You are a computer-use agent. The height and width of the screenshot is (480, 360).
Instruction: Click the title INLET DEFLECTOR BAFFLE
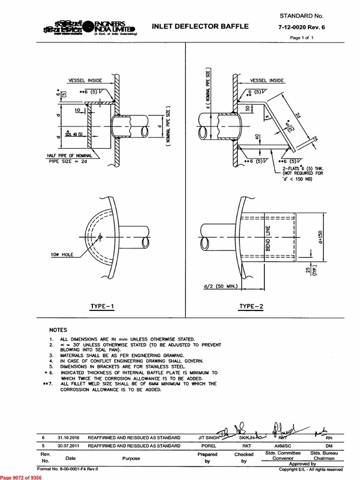tap(200, 27)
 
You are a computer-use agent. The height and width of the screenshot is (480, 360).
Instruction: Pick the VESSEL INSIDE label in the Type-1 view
tap(85, 81)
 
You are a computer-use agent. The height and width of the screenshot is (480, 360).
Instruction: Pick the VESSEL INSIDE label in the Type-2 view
tap(267, 81)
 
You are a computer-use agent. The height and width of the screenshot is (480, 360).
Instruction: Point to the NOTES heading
tap(59, 330)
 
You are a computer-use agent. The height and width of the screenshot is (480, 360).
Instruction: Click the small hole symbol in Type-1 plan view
tap(100, 237)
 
